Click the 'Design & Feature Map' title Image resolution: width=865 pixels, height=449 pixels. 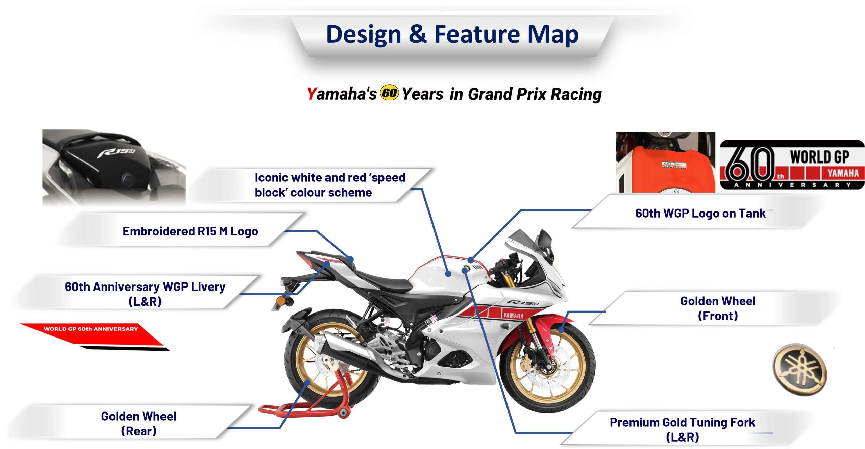(x=452, y=35)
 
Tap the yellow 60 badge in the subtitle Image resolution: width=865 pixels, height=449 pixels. (x=389, y=93)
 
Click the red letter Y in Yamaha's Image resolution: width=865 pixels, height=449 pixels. (x=311, y=94)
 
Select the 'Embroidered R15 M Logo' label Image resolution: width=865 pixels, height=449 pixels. (x=190, y=231)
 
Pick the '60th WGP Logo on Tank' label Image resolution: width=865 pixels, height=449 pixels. (x=700, y=214)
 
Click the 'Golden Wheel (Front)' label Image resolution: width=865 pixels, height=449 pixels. (x=718, y=308)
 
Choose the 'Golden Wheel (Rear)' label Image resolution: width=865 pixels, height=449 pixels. (x=139, y=424)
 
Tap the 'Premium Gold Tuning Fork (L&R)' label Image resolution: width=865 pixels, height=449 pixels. (x=682, y=430)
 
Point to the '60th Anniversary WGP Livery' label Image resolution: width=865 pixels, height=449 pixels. (x=145, y=294)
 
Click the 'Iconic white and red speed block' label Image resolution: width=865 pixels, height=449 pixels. (x=330, y=185)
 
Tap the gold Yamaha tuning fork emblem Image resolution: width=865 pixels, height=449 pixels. (x=800, y=370)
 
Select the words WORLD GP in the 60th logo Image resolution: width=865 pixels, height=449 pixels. (x=819, y=157)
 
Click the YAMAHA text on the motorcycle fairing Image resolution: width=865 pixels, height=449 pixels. (x=513, y=316)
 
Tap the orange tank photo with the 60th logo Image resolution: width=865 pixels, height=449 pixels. (x=665, y=162)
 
